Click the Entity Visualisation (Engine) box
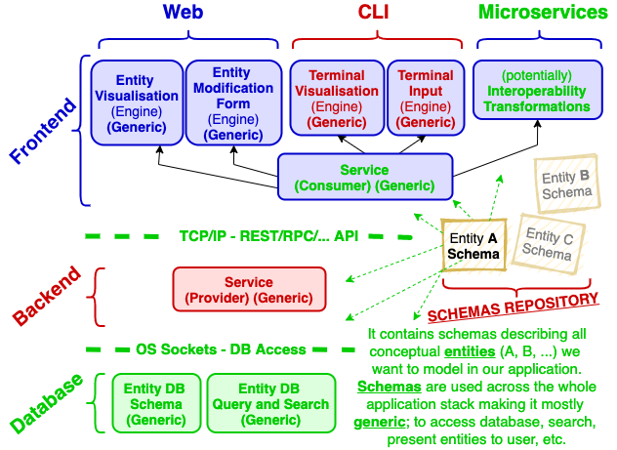coord(136,102)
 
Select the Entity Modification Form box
coord(230,102)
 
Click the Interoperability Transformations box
coord(536,91)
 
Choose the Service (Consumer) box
coord(364,178)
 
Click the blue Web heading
coord(184,13)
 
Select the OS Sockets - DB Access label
coord(221,349)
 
